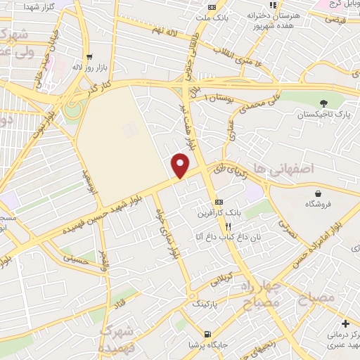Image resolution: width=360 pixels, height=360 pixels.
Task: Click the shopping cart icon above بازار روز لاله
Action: pyautogui.click(x=89, y=56)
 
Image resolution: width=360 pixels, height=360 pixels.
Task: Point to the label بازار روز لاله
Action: pyautogui.click(x=89, y=67)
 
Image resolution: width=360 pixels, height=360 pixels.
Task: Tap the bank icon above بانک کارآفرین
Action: pyautogui.click(x=219, y=200)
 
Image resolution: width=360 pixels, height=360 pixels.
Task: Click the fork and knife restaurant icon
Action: pyautogui.click(x=228, y=226)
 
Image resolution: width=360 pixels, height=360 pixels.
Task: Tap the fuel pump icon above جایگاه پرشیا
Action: pyautogui.click(x=206, y=333)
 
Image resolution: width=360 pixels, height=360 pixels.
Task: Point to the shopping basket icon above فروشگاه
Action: pyautogui.click(x=319, y=193)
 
